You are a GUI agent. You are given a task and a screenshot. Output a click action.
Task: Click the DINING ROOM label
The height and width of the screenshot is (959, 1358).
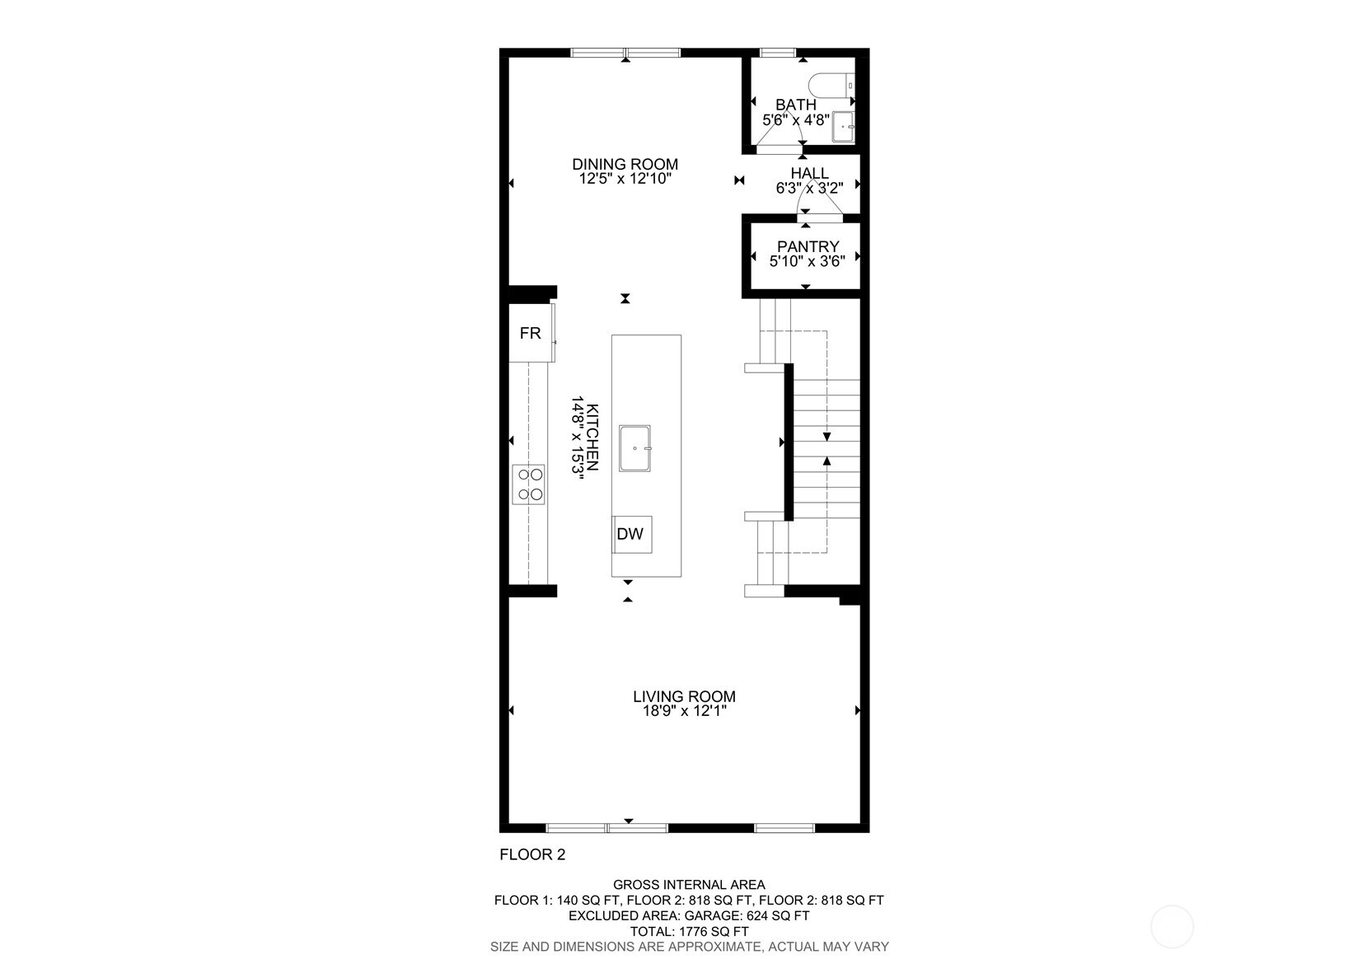point(625,164)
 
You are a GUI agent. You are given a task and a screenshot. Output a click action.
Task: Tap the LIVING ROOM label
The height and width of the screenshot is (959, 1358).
point(684,696)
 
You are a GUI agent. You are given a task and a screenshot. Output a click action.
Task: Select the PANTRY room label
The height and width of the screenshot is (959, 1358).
point(808,246)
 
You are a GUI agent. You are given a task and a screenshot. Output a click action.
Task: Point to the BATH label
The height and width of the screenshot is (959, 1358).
point(796,105)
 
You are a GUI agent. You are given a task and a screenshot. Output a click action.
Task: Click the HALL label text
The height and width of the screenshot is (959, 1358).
point(809,173)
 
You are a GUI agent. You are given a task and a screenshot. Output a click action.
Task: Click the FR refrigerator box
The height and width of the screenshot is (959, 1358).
point(530,333)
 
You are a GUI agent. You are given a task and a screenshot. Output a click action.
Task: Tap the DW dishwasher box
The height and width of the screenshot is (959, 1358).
point(630,534)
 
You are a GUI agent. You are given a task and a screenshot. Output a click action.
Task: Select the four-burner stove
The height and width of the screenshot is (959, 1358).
point(529,484)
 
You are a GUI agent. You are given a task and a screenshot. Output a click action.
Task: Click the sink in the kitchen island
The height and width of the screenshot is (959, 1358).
point(635,448)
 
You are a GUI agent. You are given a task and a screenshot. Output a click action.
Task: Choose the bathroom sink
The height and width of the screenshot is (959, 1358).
point(843,127)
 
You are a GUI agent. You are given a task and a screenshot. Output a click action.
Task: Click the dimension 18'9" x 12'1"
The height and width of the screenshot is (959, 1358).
point(684,711)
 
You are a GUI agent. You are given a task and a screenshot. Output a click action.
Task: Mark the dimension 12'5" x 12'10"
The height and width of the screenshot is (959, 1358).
point(625,178)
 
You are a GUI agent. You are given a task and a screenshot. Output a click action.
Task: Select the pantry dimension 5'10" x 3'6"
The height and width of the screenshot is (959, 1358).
point(808,261)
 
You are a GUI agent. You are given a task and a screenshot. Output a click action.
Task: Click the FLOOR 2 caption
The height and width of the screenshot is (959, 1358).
point(532,854)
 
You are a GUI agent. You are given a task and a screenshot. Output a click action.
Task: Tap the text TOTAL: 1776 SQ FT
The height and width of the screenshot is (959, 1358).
point(689,931)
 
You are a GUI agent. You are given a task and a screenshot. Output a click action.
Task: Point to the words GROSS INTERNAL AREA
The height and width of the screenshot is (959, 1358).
point(689,885)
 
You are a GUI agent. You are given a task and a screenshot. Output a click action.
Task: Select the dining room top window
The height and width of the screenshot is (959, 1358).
point(625,53)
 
